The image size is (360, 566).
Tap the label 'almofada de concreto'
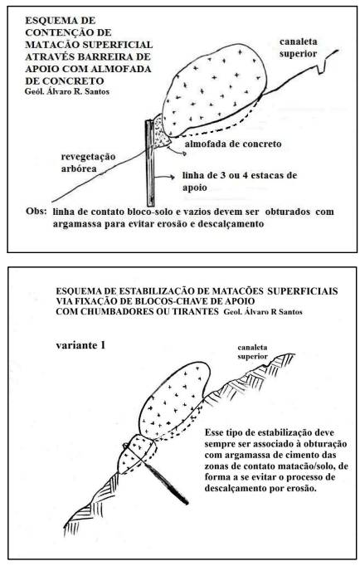point(233,144)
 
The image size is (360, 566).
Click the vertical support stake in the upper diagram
point(150,163)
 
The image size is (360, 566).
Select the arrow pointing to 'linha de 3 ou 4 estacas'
point(166,178)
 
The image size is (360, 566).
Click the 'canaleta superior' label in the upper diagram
point(299,47)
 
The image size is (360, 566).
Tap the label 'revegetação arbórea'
point(88,163)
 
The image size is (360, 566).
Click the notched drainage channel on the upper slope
point(323,66)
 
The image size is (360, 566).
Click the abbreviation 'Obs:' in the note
point(36,211)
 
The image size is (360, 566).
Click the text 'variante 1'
point(80,345)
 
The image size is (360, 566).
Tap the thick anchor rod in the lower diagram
point(166,484)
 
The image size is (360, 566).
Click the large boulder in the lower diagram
point(174,401)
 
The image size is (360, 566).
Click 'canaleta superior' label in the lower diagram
point(252,352)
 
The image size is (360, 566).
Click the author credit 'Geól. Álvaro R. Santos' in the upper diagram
point(67,91)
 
